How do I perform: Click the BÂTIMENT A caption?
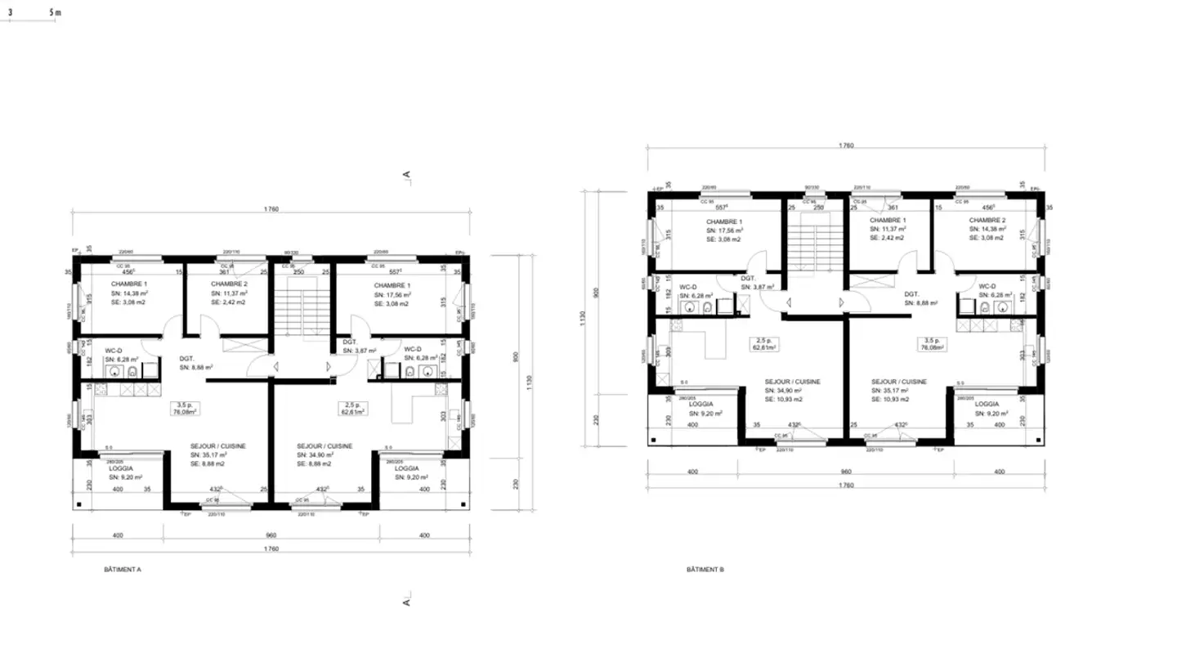click(x=123, y=567)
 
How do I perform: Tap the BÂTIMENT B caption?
click(x=705, y=569)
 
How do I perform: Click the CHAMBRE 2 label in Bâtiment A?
click(x=228, y=284)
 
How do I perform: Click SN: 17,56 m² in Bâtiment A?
click(x=392, y=293)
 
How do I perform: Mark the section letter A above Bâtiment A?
click(x=405, y=174)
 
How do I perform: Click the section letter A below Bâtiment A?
click(x=405, y=601)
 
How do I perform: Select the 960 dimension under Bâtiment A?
click(x=271, y=535)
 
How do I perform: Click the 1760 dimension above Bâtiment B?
click(x=846, y=145)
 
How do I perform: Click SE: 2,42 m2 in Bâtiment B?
click(x=888, y=239)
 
